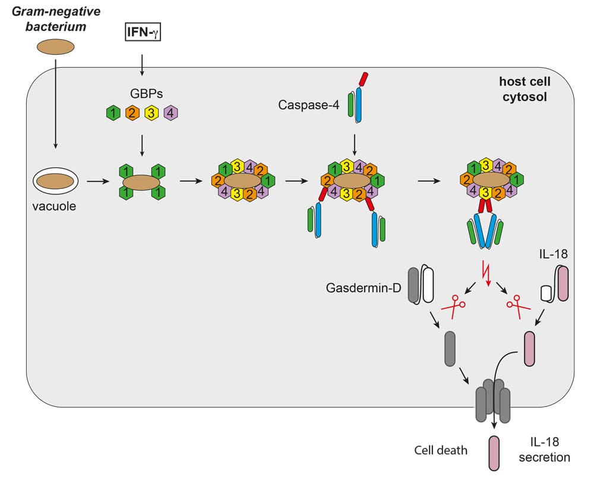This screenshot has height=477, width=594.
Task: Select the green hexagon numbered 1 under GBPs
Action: [111, 113]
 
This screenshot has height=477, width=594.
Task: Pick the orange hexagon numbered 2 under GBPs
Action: [131, 113]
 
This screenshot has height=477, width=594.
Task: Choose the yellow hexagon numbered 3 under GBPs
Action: [152, 113]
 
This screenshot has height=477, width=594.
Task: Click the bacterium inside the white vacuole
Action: [55, 181]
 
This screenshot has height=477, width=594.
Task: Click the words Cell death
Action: [441, 450]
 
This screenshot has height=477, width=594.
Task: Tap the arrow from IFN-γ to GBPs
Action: [142, 64]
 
